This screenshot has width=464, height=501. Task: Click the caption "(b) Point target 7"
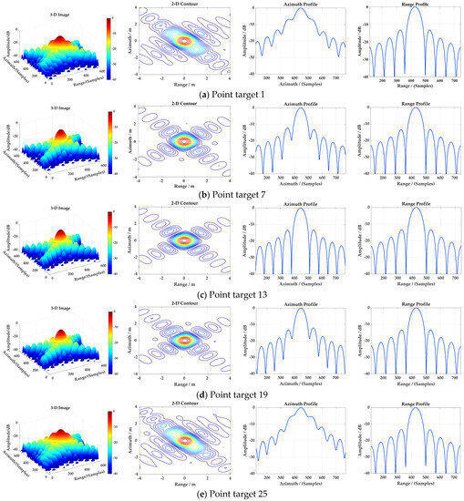[x=232, y=192]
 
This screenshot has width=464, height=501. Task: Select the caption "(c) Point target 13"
[x=232, y=291]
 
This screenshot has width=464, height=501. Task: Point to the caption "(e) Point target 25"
[x=232, y=492]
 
